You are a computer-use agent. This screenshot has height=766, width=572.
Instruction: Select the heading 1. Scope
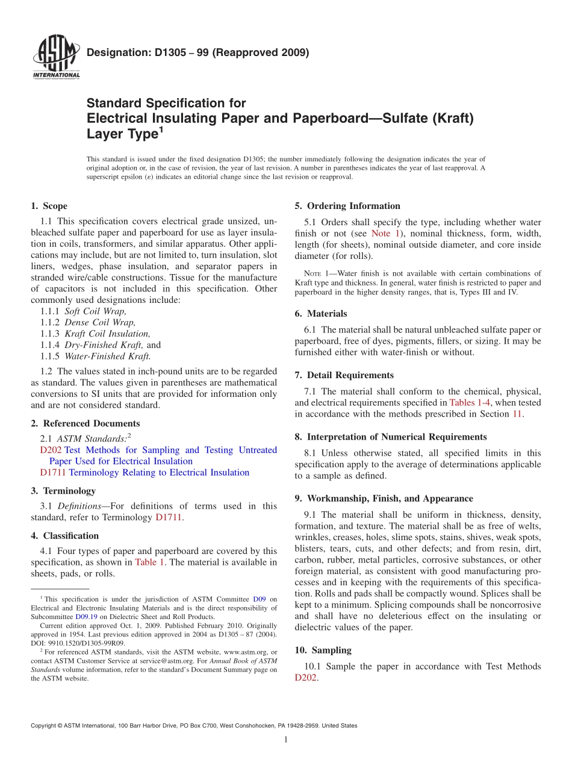(x=49, y=206)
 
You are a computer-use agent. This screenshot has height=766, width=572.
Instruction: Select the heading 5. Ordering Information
(x=347, y=206)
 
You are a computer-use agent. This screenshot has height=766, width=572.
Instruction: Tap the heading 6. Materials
(x=321, y=314)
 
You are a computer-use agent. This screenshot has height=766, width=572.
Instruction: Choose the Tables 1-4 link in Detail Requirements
(x=470, y=403)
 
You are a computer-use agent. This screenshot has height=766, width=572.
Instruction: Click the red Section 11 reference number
(x=517, y=414)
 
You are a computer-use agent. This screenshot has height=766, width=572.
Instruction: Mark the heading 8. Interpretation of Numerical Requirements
(x=391, y=437)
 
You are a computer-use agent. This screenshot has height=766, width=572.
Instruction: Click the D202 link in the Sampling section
(x=305, y=678)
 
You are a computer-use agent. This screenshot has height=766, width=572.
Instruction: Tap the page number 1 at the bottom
(x=285, y=740)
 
